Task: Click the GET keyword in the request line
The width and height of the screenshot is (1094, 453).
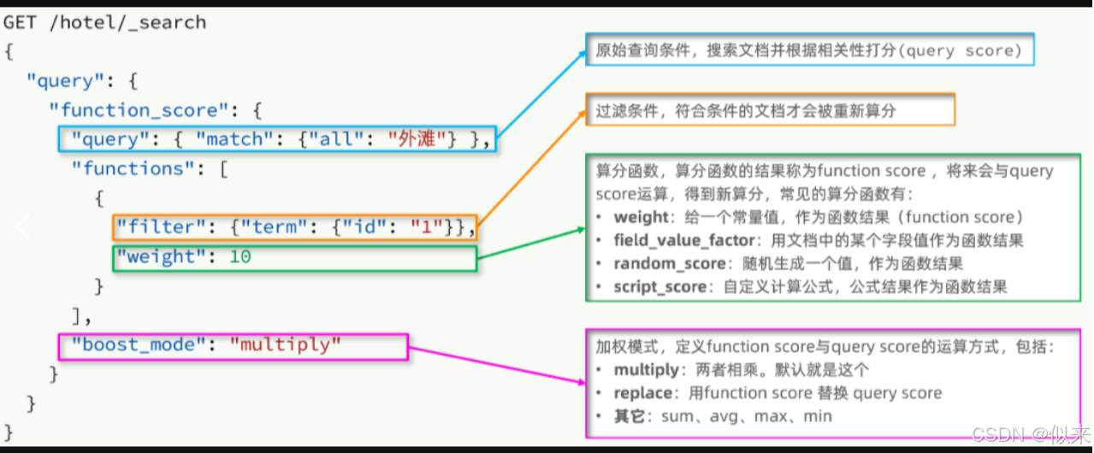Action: pyautogui.click(x=21, y=22)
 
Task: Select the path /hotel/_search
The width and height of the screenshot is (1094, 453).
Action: pyautogui.click(x=127, y=22)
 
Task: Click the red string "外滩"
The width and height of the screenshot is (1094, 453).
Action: pyautogui.click(x=417, y=138)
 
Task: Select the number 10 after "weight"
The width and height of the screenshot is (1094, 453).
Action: pyautogui.click(x=240, y=256)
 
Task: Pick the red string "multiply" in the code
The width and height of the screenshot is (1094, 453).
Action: pyautogui.click(x=286, y=344)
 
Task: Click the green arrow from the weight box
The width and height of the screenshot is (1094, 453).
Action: pyautogui.click(x=530, y=244)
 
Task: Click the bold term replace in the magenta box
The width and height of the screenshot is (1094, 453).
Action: pyautogui.click(x=642, y=393)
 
